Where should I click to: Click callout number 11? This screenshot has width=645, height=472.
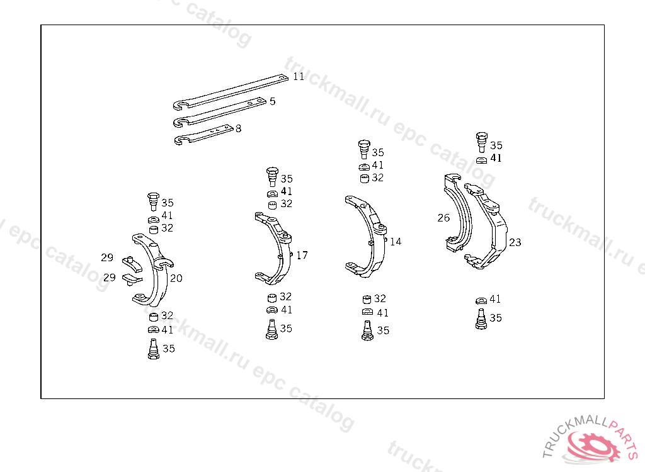tap(299, 76)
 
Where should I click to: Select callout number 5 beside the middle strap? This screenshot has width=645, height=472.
tap(272, 101)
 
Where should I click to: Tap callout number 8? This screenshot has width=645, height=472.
tap(238, 128)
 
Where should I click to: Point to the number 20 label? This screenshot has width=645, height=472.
tap(176, 278)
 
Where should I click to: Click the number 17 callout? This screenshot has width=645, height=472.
tap(302, 255)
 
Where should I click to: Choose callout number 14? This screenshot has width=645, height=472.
tap(396, 241)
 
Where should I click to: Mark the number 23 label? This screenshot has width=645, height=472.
tap(515, 242)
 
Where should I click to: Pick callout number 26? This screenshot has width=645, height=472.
tap(444, 218)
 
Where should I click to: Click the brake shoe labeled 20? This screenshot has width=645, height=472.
tap(158, 277)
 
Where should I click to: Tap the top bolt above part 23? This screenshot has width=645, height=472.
tap(482, 142)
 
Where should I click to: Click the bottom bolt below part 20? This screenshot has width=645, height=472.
tap(153, 349)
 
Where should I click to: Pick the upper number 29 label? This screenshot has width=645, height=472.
tap(107, 257)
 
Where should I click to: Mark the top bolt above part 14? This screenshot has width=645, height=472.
tap(364, 149)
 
